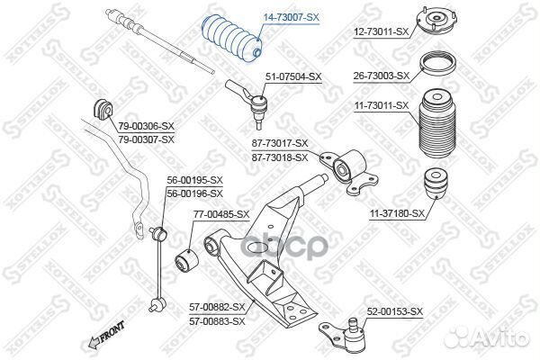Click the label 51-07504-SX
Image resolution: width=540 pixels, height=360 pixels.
[292, 77]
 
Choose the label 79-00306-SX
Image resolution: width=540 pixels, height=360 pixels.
[145, 128]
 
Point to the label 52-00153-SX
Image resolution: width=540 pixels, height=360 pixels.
[394, 311]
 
